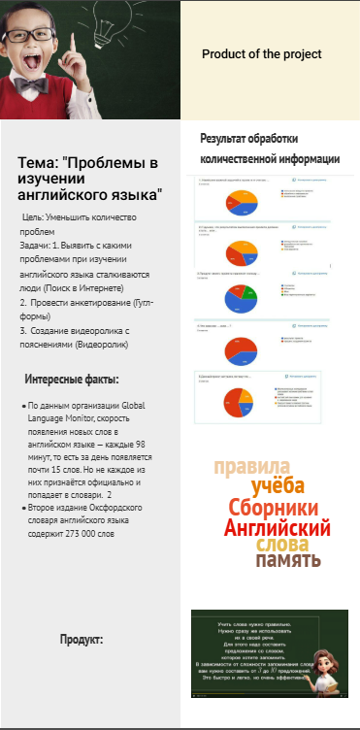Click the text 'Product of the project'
click(261, 54)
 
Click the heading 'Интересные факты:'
click(72, 379)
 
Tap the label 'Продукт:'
click(82, 640)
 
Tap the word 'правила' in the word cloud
click(251, 467)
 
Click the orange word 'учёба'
click(278, 486)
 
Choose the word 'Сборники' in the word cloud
click(274, 508)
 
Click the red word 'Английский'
click(277, 529)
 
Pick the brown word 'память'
click(287, 560)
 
